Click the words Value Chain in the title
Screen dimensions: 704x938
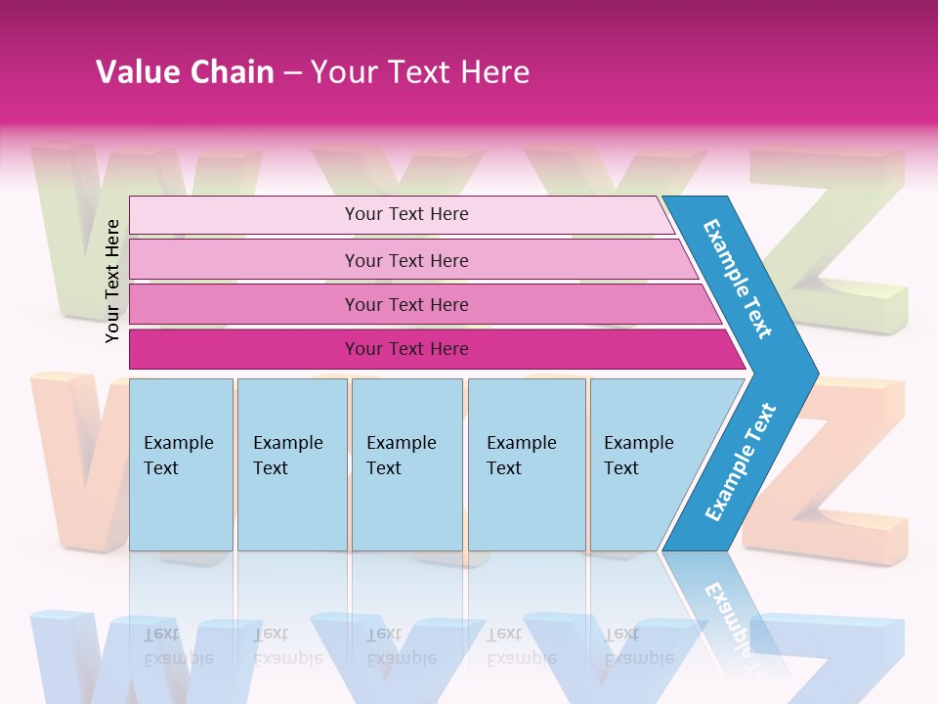(x=185, y=72)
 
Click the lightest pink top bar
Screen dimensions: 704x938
(x=405, y=214)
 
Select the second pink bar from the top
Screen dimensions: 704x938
(x=405, y=260)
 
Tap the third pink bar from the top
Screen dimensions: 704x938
(x=405, y=304)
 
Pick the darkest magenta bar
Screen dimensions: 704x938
(x=405, y=349)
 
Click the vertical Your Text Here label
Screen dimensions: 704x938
(x=113, y=281)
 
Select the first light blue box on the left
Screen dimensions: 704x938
(x=181, y=464)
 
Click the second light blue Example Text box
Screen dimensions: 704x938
(x=291, y=464)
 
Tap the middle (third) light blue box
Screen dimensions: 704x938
(x=406, y=464)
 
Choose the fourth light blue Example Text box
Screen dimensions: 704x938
(x=527, y=464)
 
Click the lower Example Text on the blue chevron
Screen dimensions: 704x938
(x=740, y=462)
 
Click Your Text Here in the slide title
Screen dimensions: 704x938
(x=419, y=72)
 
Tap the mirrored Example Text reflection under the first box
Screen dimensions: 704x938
(x=179, y=646)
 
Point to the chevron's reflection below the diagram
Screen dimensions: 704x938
(x=728, y=611)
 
